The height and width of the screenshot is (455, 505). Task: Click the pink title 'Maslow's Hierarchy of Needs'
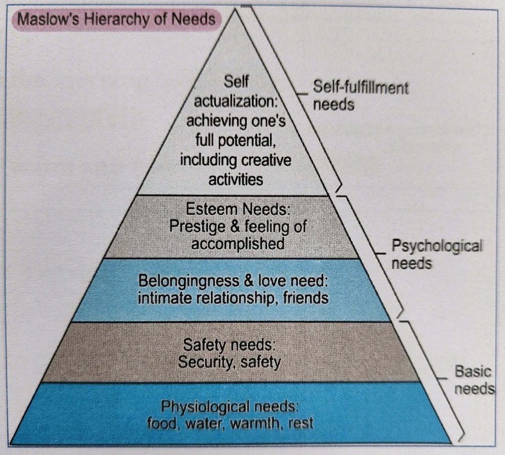click(x=116, y=19)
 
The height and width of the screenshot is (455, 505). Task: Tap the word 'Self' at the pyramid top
click(x=236, y=81)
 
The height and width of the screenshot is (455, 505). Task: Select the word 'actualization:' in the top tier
click(x=236, y=101)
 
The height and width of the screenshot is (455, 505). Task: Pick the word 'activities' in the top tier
click(x=236, y=179)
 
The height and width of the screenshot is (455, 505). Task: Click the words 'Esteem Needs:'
click(x=238, y=209)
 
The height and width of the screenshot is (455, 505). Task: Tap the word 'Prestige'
click(x=197, y=227)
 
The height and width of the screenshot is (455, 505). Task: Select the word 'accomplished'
click(x=238, y=244)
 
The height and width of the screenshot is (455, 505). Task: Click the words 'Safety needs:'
click(x=229, y=345)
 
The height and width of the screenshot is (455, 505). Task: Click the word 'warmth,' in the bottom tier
click(x=257, y=423)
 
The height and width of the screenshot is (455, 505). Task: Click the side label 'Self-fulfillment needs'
click(x=361, y=96)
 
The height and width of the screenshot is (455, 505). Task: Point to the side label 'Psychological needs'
click(x=437, y=254)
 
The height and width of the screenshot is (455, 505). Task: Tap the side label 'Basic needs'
click(x=474, y=380)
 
